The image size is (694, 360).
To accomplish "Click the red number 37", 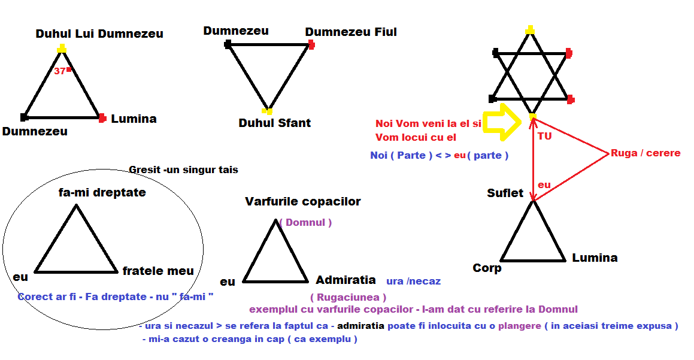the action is click(x=59, y=71).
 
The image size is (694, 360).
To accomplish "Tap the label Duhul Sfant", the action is click(x=274, y=123).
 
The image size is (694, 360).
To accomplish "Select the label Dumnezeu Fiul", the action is click(x=351, y=32).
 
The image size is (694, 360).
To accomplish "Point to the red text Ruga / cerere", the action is click(x=645, y=153).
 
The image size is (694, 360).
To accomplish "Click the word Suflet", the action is click(x=505, y=193).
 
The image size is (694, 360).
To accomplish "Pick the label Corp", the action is click(x=487, y=268).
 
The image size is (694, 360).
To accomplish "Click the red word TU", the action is click(x=544, y=137).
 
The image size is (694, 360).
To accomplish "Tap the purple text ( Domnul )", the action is click(x=305, y=223).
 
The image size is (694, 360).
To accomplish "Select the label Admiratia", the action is click(x=346, y=280).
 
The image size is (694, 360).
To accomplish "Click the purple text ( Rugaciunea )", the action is click(x=348, y=297).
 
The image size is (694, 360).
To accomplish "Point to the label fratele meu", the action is click(x=158, y=271).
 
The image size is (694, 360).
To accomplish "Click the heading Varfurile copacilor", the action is click(x=302, y=202).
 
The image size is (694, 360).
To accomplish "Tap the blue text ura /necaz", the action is click(x=413, y=281).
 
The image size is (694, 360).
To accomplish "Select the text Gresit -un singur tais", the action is click(x=183, y=170).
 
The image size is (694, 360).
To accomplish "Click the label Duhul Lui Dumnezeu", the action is click(x=99, y=34).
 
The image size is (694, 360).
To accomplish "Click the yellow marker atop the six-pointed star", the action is click(x=530, y=29).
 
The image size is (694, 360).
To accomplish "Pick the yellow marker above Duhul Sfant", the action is click(x=267, y=111).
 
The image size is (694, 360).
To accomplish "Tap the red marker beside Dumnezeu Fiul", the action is click(x=311, y=44).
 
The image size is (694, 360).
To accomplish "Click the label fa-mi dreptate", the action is click(x=102, y=193).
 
